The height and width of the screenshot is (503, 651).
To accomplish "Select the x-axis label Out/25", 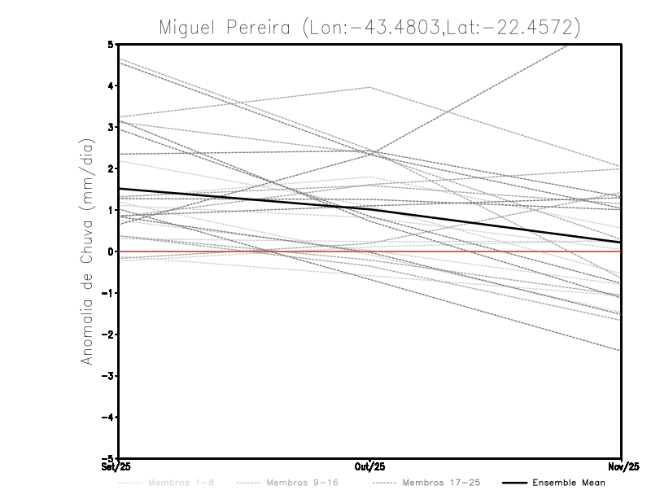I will (370, 467).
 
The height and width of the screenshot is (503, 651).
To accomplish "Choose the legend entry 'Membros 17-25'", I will (440, 483).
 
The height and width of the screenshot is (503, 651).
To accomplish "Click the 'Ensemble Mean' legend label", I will (569, 483).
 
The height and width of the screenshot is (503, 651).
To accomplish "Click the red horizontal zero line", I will (488, 251).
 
